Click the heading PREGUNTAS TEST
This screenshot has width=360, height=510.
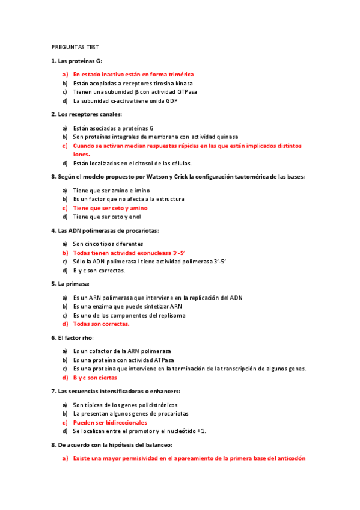75,46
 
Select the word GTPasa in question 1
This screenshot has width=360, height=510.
186,92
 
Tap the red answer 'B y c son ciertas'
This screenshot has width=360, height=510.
95,378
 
